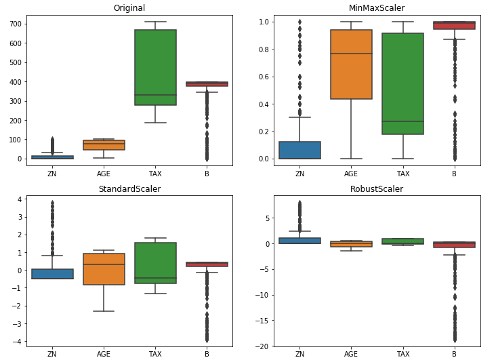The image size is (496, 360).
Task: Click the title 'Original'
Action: tap(129, 8)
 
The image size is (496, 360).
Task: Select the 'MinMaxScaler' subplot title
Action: tap(377, 8)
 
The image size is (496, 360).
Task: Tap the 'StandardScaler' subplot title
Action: tap(129, 189)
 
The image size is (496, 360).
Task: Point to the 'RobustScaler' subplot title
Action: tap(377, 189)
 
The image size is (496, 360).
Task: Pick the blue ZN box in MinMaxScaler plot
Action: tap(299, 150)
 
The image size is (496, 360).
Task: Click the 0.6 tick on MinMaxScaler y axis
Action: tap(266, 77)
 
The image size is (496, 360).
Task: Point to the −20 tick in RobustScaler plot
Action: tap(264, 346)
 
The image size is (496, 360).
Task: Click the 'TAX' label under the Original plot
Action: tap(155, 174)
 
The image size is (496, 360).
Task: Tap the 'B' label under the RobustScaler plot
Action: tap(454, 354)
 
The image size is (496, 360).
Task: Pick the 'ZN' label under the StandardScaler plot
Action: tap(52, 354)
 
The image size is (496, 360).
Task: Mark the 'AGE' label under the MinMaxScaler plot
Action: tap(351, 174)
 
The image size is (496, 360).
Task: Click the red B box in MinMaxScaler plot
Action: tap(454, 26)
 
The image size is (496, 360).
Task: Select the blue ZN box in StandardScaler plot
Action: tap(52, 274)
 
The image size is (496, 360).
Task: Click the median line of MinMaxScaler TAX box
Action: tap(402, 121)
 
